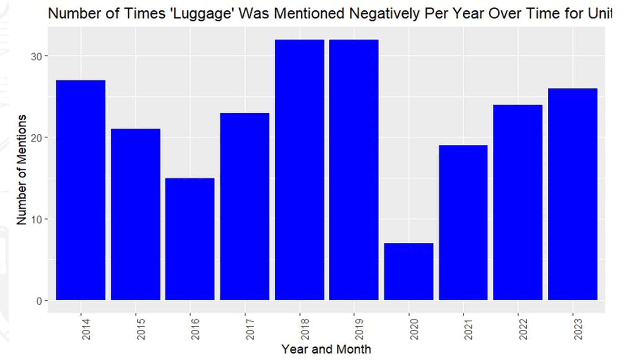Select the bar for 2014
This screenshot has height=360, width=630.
tap(81, 190)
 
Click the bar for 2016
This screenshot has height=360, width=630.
tap(190, 239)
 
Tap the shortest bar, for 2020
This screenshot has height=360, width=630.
tap(409, 271)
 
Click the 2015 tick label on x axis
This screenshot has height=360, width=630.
tap(141, 329)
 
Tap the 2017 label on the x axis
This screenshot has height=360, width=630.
tap(250, 329)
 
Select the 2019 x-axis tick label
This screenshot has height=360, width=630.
tap(359, 329)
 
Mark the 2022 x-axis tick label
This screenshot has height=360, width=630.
tap(523, 329)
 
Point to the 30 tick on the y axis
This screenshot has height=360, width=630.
tap(37, 56)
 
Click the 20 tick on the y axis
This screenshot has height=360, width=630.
tap(37, 138)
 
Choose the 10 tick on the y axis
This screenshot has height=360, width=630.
tap(37, 219)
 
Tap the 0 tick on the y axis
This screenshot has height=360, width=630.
tap(39, 301)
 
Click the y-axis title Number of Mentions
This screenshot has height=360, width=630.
tap(21, 169)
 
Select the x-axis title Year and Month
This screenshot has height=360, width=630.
tap(326, 349)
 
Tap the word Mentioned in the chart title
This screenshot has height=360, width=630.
tap(309, 13)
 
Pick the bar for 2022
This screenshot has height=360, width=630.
tap(518, 202)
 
